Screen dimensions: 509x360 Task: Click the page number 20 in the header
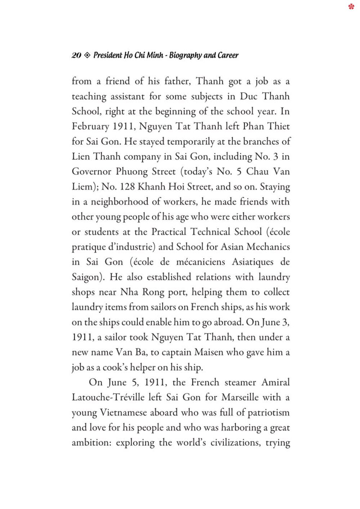(76, 55)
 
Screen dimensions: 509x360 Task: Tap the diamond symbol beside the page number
(87, 55)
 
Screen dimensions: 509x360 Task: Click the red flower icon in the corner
(351, 6)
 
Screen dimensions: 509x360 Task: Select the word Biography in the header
(185, 55)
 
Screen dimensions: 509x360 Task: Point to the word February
(90, 127)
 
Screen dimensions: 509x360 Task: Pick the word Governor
(91, 172)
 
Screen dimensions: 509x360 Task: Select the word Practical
(168, 232)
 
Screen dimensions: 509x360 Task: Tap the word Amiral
(276, 382)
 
